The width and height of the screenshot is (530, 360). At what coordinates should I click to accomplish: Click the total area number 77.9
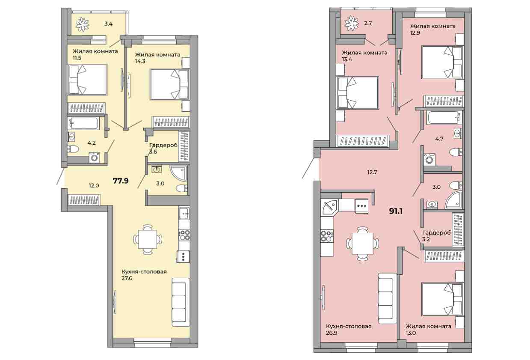tap(121, 181)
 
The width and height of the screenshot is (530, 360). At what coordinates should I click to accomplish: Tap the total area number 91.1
tap(396, 211)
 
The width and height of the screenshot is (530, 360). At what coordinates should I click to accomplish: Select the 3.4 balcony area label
tap(108, 24)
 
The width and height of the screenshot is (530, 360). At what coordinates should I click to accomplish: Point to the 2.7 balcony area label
tap(368, 24)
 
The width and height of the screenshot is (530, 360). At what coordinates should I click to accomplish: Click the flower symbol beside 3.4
tap(82, 24)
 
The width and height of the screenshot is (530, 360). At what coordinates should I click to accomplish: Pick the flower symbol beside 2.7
tap(352, 24)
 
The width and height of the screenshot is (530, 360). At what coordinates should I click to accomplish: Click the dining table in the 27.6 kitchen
tap(148, 239)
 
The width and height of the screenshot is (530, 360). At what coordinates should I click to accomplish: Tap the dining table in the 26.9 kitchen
tap(362, 243)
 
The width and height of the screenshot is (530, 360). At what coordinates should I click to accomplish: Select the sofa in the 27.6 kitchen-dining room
tap(181, 303)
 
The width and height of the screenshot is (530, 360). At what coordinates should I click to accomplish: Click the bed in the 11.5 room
tap(88, 80)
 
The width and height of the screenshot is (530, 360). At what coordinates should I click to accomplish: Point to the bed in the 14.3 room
tap(170, 84)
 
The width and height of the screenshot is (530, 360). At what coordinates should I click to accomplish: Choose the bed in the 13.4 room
tap(358, 92)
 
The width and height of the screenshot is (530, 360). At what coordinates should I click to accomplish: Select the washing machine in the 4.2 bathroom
tap(95, 158)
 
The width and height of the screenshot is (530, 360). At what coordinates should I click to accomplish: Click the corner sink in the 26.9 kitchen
tap(330, 208)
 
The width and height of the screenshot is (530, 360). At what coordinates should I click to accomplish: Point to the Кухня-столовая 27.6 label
tap(144, 275)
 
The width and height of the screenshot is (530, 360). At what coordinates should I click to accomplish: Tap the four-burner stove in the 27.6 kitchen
tap(184, 235)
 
